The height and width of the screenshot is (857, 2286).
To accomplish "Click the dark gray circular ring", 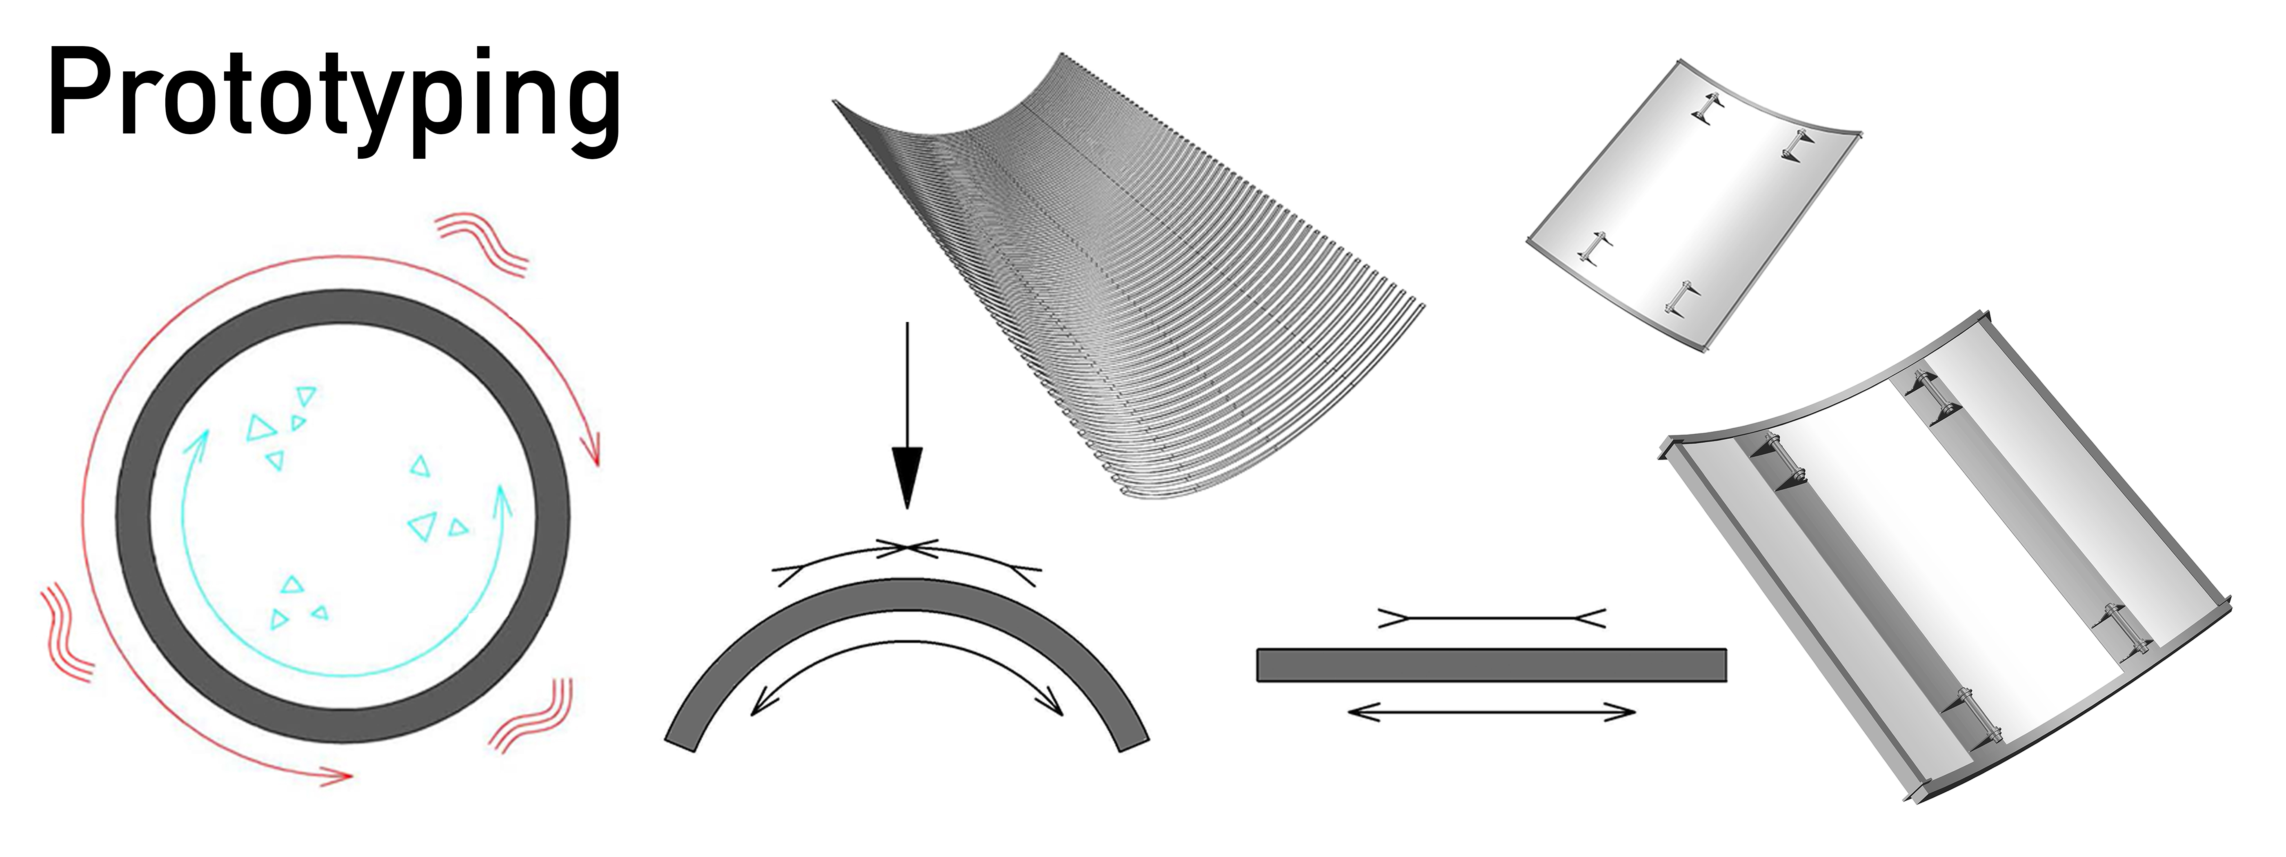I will pos(133,515).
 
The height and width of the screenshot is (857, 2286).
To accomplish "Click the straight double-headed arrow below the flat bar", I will pos(1491,711).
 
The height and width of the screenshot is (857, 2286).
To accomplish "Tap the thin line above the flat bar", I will pos(1491,618).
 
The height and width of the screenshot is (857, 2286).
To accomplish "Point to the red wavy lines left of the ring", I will pos(67,632).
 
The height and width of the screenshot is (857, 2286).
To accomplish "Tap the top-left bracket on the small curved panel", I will pos(1708,108).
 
